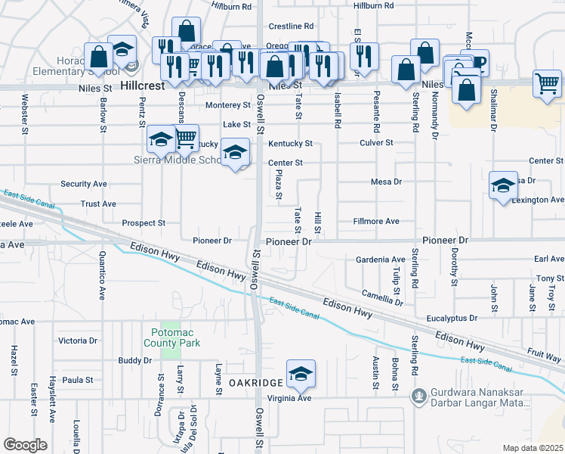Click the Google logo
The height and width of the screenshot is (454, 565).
[25, 445]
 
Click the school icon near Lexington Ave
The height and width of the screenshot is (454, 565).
[503, 186]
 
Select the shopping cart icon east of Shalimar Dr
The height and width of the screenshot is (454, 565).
[547, 83]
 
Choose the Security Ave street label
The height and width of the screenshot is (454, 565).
[83, 184]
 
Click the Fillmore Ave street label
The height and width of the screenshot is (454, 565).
[376, 221]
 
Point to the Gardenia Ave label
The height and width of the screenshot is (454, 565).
[381, 260]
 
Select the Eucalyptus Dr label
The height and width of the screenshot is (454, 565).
[451, 319]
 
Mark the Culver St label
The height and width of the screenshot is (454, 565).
[377, 142]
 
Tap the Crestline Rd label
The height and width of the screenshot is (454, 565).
[292, 26]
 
